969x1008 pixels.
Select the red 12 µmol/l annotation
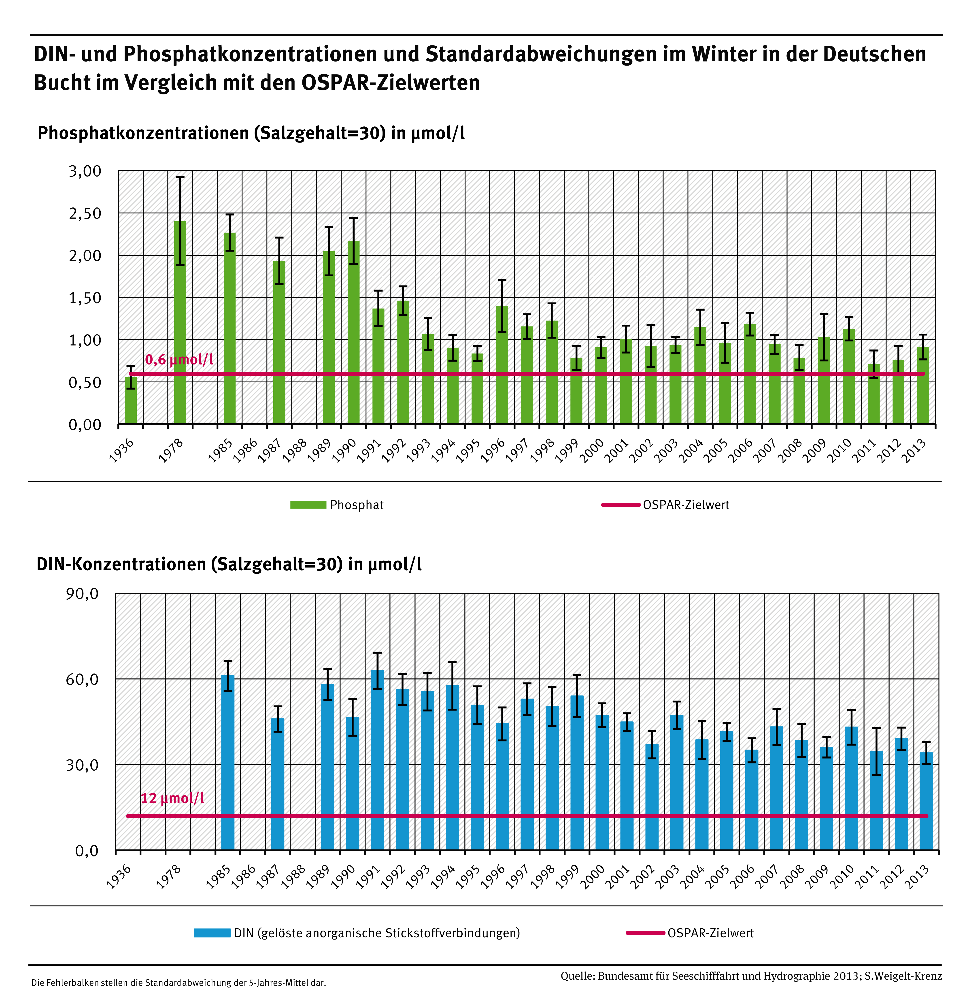coord(172,798)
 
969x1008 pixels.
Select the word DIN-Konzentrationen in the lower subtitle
coord(121,564)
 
